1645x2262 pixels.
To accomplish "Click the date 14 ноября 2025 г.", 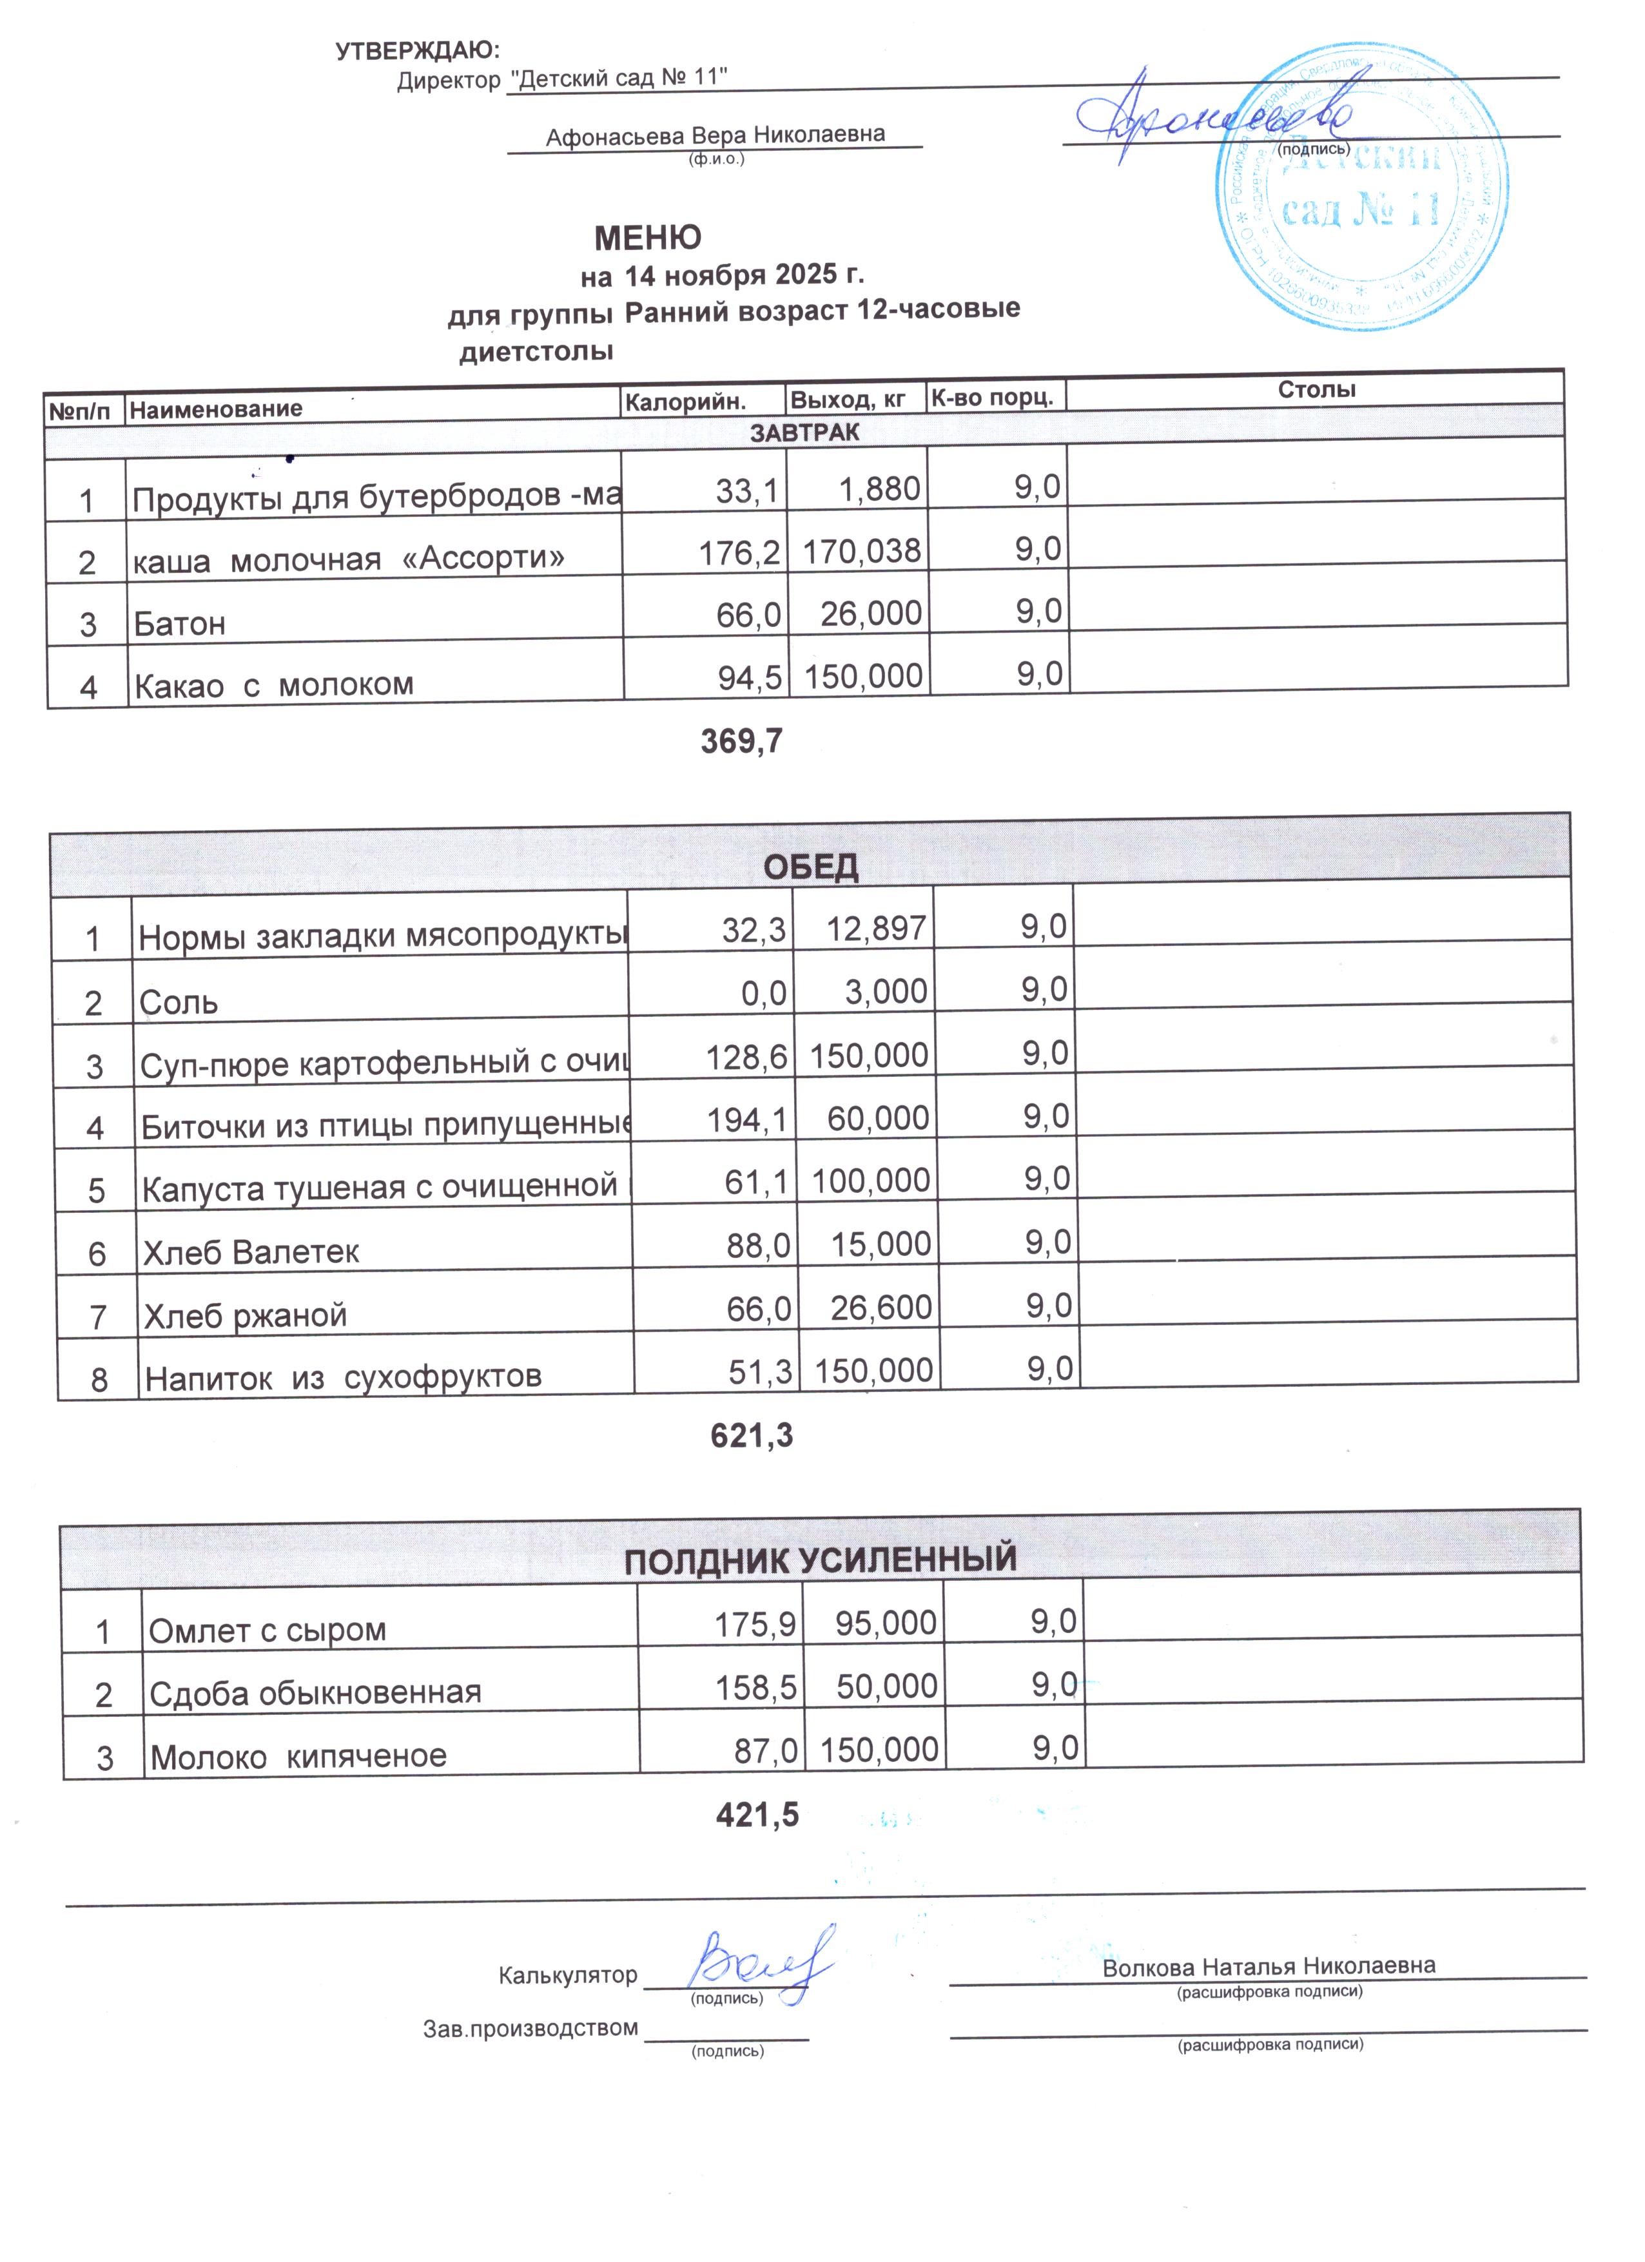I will coord(743,275).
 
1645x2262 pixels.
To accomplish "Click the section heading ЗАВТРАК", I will coord(804,432).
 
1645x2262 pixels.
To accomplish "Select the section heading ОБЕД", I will coord(810,865).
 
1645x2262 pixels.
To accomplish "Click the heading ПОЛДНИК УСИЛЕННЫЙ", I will coord(820,1558).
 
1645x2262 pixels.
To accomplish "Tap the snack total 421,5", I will coord(757,1814).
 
